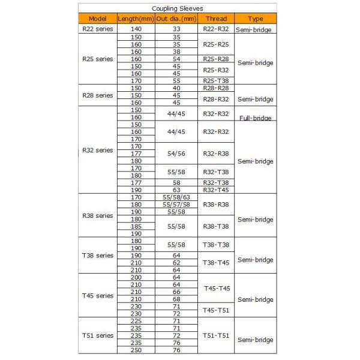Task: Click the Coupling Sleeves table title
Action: pyautogui.click(x=176, y=8)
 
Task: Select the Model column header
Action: pyautogui.click(x=97, y=19)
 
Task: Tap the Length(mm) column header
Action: pyautogui.click(x=136, y=19)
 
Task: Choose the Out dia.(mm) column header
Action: pyautogui.click(x=176, y=19)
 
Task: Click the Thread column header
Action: pyautogui.click(x=215, y=19)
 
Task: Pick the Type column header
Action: pyautogui.click(x=255, y=19)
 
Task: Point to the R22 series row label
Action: pyautogui.click(x=97, y=28)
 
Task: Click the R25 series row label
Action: pyautogui.click(x=97, y=59)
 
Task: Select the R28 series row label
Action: pyautogui.click(x=97, y=95)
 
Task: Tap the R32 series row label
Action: pyautogui.click(x=97, y=150)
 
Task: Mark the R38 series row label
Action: pyautogui.click(x=97, y=215)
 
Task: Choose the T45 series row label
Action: pyautogui.click(x=97, y=296)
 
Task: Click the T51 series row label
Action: pyautogui.click(x=97, y=335)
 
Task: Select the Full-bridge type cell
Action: pyautogui.click(x=255, y=118)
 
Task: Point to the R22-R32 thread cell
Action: pyautogui.click(x=215, y=28)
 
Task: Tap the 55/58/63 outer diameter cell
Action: pyautogui.click(x=176, y=197)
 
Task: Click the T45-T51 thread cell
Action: pyautogui.click(x=215, y=310)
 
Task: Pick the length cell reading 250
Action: pyautogui.click(x=136, y=350)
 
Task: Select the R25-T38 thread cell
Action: pyautogui.click(x=215, y=80)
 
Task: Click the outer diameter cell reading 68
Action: pyautogui.click(x=176, y=299)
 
